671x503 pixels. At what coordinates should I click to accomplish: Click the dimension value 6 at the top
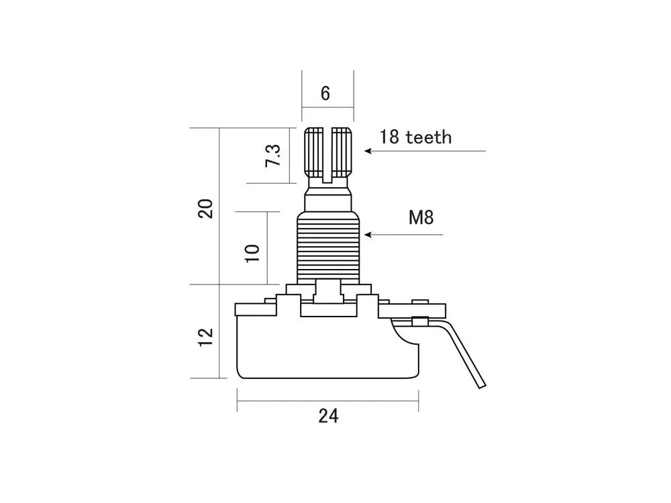click(325, 93)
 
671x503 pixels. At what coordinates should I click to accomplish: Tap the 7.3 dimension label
click(273, 156)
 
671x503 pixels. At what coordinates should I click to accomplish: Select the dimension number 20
click(207, 208)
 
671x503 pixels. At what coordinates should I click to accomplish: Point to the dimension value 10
click(253, 252)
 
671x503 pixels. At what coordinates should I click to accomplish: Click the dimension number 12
click(207, 335)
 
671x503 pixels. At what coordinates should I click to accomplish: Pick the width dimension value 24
click(328, 416)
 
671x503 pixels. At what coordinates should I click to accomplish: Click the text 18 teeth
click(415, 137)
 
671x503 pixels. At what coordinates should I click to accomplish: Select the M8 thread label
click(421, 217)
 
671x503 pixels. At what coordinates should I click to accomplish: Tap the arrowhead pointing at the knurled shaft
click(368, 151)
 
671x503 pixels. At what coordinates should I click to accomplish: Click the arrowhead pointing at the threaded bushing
click(367, 235)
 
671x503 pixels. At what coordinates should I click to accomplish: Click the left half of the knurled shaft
click(314, 151)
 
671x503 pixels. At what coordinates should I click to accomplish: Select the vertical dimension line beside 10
click(267, 248)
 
